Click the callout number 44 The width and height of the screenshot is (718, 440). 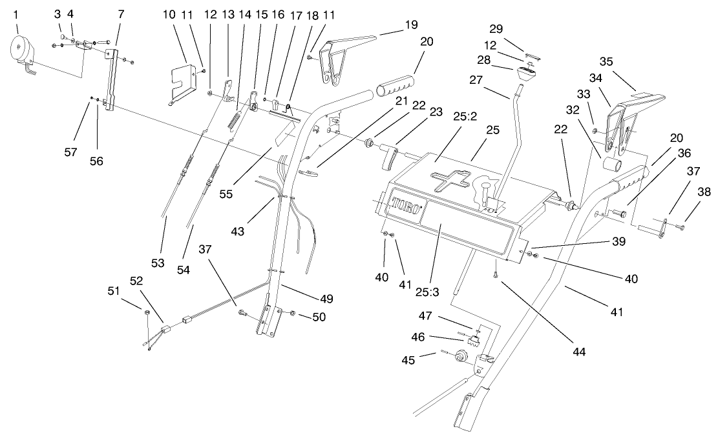tap(578, 352)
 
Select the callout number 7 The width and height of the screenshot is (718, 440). tap(121, 14)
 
